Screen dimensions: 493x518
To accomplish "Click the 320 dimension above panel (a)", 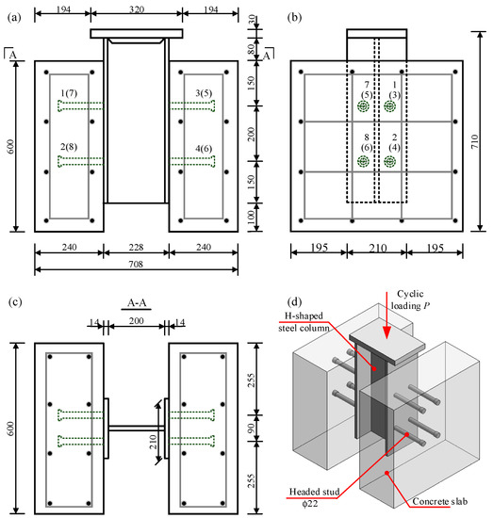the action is point(137,9).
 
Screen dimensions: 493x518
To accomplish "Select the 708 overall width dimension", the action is point(136,264).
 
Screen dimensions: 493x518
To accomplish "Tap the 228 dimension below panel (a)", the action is point(136,247).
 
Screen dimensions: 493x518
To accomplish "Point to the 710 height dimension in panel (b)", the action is point(475,141).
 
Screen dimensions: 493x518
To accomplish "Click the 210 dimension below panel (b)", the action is point(378,248).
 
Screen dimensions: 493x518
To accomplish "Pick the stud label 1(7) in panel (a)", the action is point(69,93).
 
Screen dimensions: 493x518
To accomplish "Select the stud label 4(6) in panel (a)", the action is point(204,149).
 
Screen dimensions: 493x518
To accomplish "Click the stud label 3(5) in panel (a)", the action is point(204,93).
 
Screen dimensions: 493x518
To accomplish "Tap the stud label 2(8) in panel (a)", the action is point(69,147).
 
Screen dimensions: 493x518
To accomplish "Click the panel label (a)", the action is point(14,18).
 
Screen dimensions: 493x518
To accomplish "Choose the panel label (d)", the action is point(295,302).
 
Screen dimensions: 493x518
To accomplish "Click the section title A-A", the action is point(137,302).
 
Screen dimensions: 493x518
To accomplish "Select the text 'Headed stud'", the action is point(315,492).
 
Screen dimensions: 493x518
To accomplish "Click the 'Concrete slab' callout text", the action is point(440,501).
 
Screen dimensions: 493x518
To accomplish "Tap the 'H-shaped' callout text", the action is point(304,316).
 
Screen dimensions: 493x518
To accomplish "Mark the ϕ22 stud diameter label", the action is point(310,504).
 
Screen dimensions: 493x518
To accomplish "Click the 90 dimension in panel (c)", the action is point(252,429).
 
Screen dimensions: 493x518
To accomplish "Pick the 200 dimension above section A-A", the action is point(137,321).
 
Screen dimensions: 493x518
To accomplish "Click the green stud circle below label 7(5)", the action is point(363,106).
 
